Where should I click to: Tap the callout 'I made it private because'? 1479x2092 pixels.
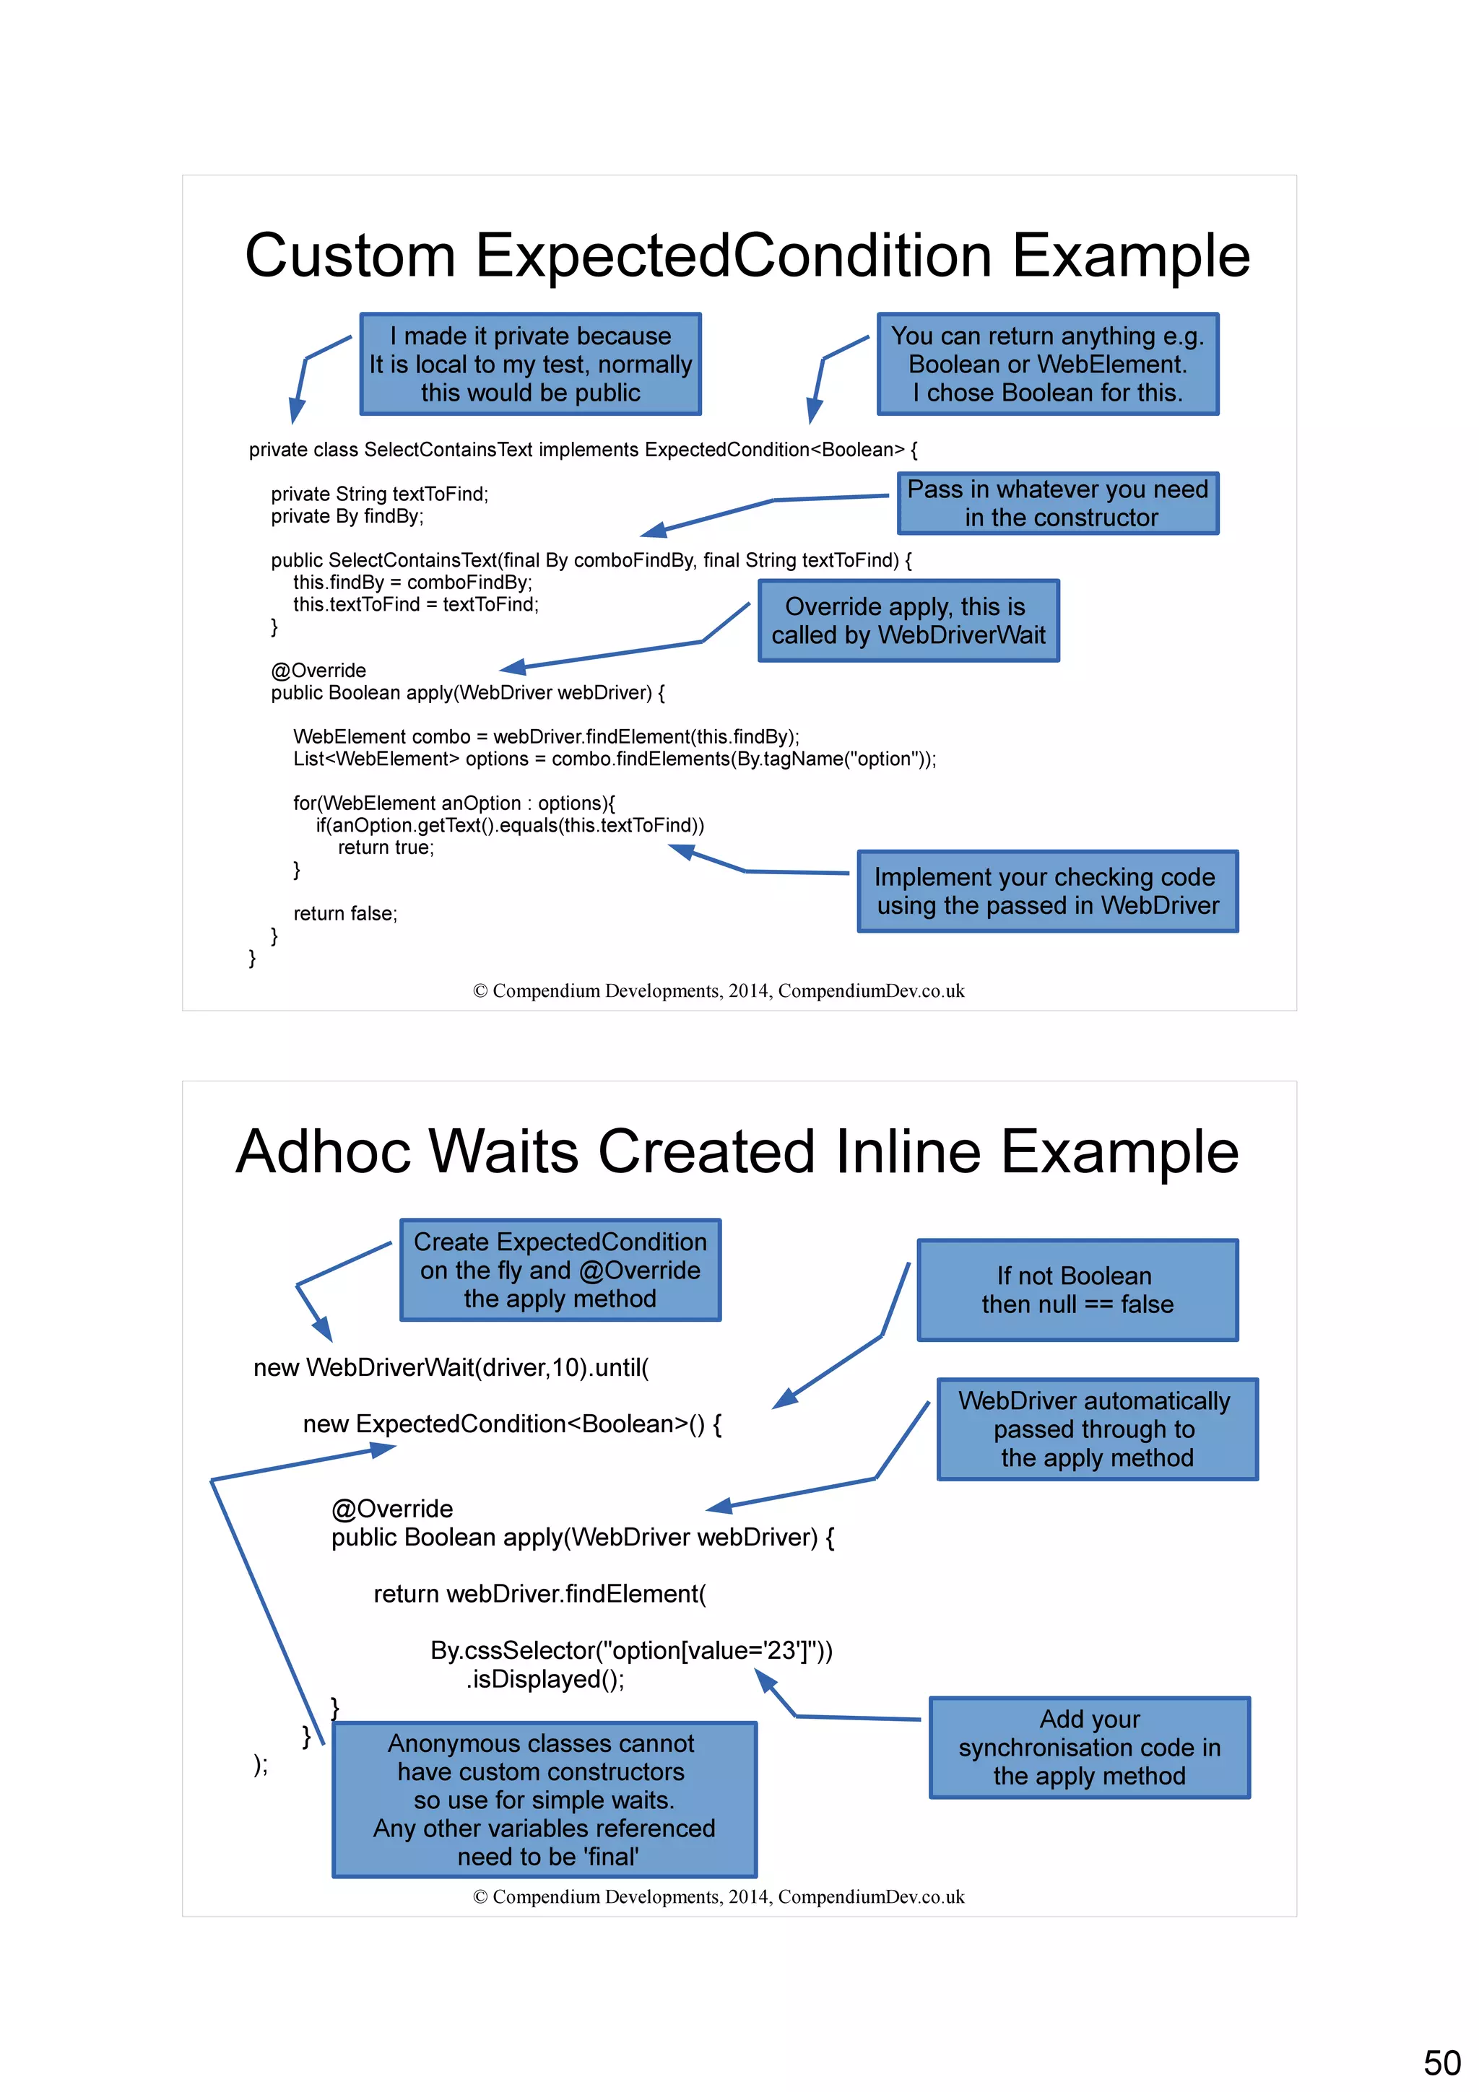pos(530,365)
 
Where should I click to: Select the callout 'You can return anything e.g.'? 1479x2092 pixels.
pos(1047,365)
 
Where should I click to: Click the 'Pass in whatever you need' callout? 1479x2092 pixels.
pos(1058,503)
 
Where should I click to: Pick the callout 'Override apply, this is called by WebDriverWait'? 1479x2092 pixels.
pos(908,621)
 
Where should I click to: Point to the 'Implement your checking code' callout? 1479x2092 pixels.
pos(1047,891)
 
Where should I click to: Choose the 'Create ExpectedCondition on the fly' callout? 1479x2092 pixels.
pos(560,1271)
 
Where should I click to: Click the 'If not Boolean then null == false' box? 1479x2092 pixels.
pos(1077,1290)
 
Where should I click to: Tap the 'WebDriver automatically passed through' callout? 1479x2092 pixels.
pos(1096,1429)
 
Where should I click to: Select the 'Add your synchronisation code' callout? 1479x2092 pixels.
pos(1089,1748)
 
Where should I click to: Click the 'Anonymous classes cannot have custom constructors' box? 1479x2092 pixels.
pos(544,1800)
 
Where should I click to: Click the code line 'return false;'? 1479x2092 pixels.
pos(345,914)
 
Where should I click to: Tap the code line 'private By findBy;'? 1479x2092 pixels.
pos(347,517)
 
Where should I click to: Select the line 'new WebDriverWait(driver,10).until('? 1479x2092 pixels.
pos(451,1368)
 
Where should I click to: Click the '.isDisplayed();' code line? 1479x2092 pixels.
pos(545,1679)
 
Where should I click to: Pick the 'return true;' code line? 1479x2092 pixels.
pos(386,847)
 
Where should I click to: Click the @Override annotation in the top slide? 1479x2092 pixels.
pos(318,671)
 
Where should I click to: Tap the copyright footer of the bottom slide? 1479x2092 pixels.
pos(718,1898)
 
